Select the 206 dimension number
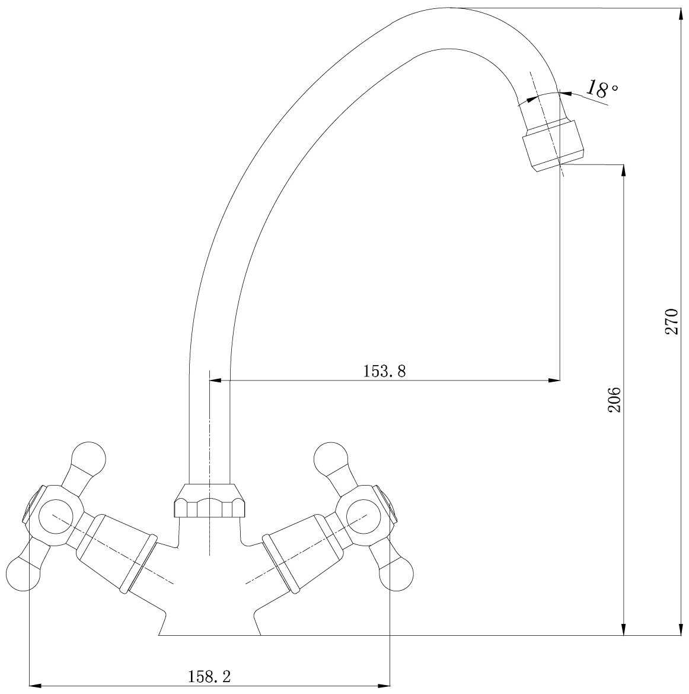point(614,400)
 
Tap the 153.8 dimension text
point(384,371)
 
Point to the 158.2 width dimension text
point(209,676)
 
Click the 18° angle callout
point(601,88)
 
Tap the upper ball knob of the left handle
point(89,458)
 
